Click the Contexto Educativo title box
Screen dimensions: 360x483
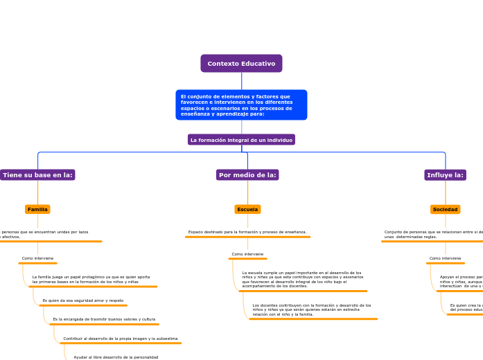click(x=241, y=64)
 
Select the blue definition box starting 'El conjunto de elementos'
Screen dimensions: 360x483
click(x=241, y=105)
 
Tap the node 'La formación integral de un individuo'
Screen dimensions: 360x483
click(x=241, y=140)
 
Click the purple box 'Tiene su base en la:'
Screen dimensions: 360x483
click(x=38, y=175)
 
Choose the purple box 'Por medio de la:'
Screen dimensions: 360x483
click(x=248, y=175)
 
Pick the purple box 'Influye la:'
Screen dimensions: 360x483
click(x=445, y=175)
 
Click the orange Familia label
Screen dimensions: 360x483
click(x=37, y=209)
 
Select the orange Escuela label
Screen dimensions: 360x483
click(x=247, y=209)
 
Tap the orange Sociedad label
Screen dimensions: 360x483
click(x=445, y=209)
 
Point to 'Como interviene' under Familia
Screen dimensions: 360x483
click(x=37, y=258)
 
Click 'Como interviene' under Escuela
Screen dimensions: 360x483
click(x=247, y=254)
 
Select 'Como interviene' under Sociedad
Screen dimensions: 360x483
click(x=445, y=258)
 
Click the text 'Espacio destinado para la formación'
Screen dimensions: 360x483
click(x=247, y=232)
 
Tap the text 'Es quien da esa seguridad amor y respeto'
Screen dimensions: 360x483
click(x=83, y=300)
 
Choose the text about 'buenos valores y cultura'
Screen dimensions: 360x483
click(x=104, y=319)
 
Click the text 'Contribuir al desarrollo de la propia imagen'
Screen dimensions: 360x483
click(x=121, y=339)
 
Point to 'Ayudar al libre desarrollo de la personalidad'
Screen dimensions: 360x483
click(x=116, y=357)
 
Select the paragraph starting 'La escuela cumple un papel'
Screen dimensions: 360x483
click(x=303, y=279)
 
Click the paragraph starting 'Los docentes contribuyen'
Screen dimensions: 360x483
click(x=312, y=309)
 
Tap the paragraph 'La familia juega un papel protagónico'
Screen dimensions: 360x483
click(x=91, y=279)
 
